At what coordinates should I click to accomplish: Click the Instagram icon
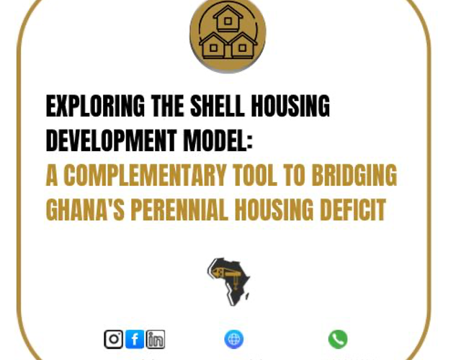113,339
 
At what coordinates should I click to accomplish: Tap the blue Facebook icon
135,339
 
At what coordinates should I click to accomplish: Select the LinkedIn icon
156,339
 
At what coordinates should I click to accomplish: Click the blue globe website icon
234,339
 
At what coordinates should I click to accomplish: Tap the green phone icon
338,339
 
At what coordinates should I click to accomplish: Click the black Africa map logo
228,282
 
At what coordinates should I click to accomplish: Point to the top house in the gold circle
228,19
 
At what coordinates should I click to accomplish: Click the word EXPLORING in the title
95,106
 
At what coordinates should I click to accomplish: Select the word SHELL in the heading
217,106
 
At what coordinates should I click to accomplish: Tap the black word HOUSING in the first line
290,106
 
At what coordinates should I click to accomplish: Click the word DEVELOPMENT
112,140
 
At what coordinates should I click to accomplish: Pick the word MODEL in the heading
215,140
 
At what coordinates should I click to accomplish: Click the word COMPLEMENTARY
145,175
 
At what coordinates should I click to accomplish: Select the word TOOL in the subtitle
255,175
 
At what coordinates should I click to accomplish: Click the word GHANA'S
85,210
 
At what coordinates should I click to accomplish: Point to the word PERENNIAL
179,210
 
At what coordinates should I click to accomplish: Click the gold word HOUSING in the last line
274,210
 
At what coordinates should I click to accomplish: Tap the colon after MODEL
249,143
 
